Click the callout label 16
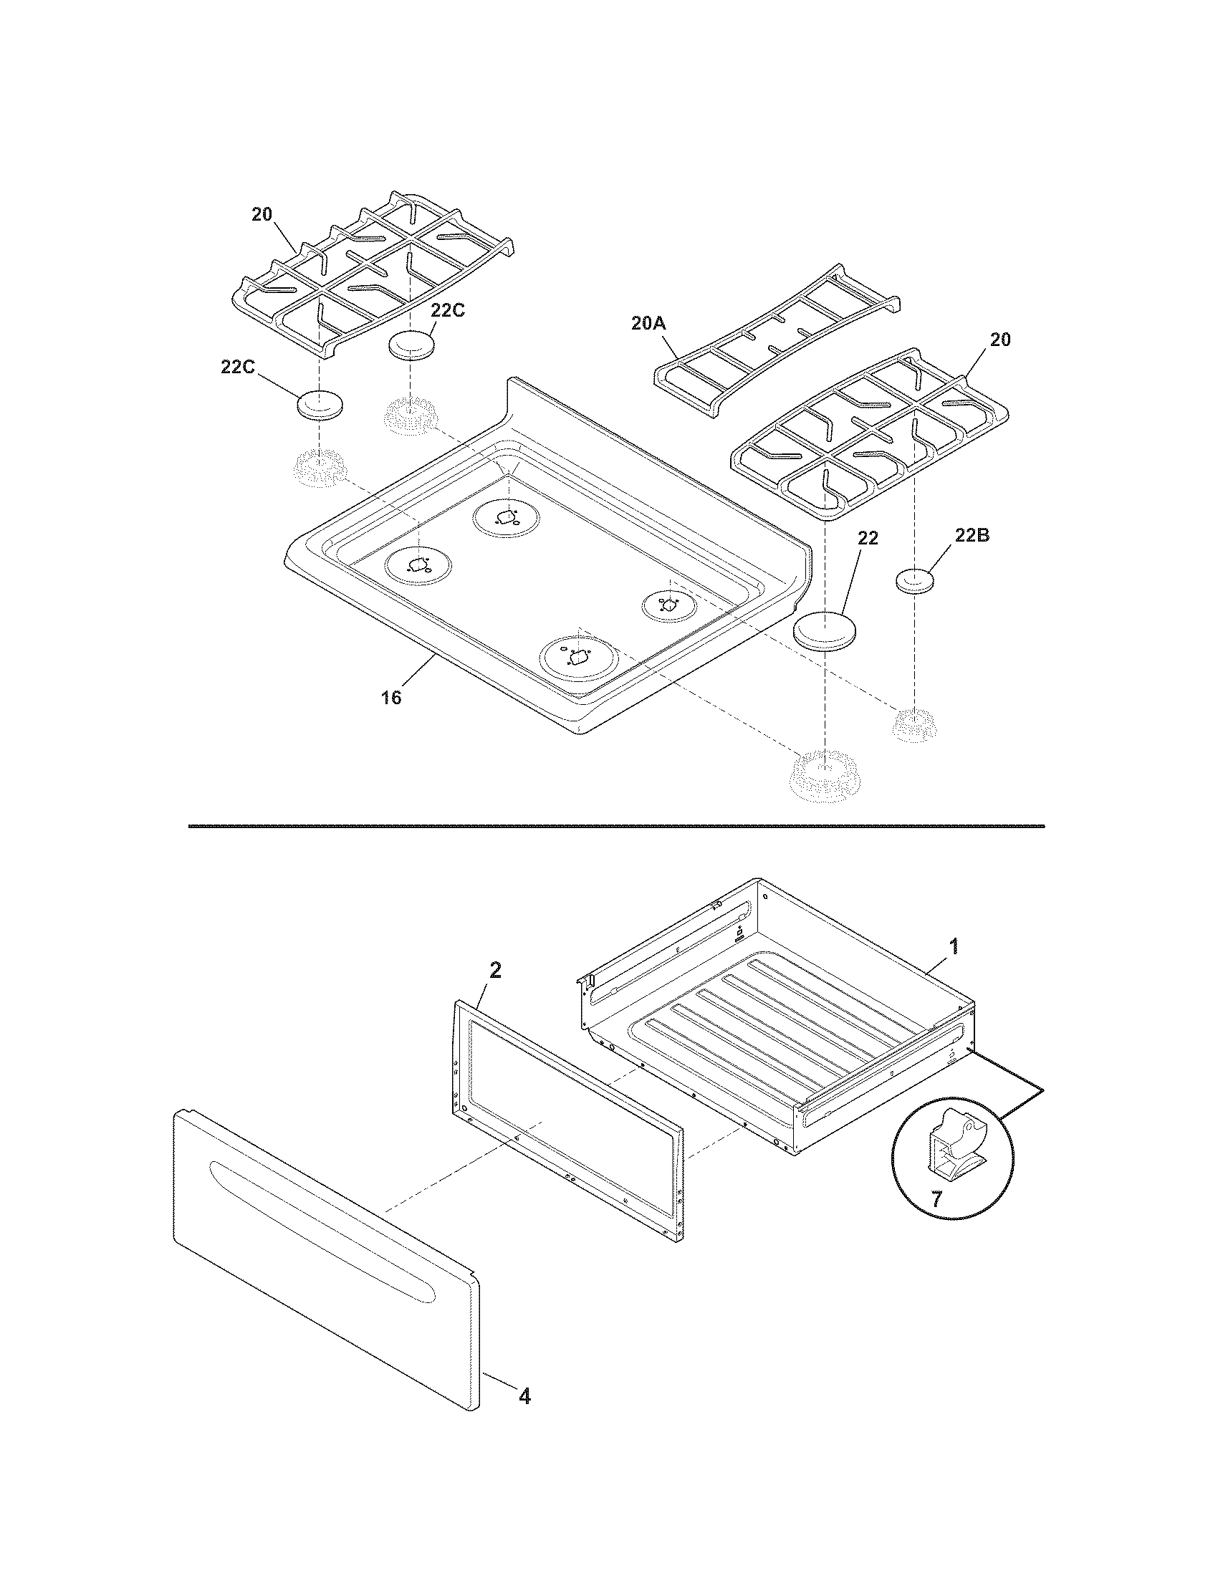pyautogui.click(x=391, y=698)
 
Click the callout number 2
pyautogui.click(x=495, y=970)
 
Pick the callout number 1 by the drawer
pyautogui.click(x=954, y=946)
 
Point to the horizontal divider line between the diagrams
pyautogui.click(x=615, y=825)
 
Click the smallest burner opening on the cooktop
pyautogui.click(x=668, y=605)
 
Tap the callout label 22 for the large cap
pyautogui.click(x=868, y=537)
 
